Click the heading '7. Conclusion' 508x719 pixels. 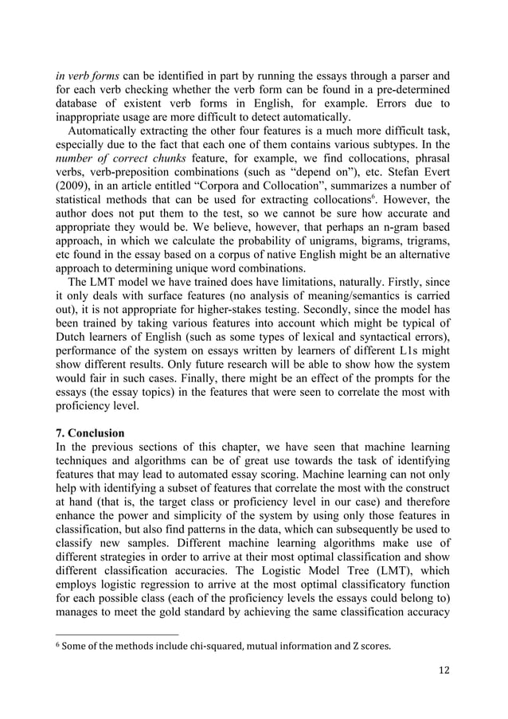[x=89, y=433]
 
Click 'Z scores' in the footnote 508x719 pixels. [x=369, y=643]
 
